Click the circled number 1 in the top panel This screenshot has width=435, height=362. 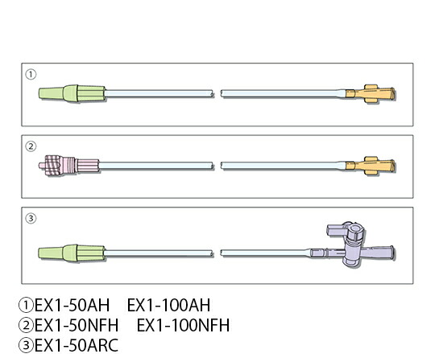[x=31, y=74]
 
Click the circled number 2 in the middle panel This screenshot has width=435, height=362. [x=31, y=146]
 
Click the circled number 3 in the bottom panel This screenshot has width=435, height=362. [x=31, y=218]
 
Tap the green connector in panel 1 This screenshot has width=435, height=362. [x=72, y=93]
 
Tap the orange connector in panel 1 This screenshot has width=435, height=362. [x=371, y=94]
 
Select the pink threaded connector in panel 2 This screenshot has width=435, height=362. [x=68, y=166]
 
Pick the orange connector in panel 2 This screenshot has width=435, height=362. [x=371, y=166]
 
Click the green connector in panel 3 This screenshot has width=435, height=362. [x=72, y=253]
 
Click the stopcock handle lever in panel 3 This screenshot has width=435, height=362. [x=336, y=230]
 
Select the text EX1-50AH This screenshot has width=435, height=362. [x=72, y=305]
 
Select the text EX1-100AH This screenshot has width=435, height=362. [x=168, y=305]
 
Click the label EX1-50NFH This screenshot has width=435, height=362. [x=77, y=325]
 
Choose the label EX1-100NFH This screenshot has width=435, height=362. [x=183, y=325]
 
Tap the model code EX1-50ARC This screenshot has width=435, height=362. [x=77, y=345]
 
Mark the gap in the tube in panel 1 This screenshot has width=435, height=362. [x=217, y=93]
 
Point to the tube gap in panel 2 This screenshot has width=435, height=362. [x=217, y=166]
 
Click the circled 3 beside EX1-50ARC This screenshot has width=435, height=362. [x=26, y=345]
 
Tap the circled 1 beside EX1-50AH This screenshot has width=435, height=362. [x=26, y=305]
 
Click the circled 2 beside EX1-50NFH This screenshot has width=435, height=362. [x=26, y=325]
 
